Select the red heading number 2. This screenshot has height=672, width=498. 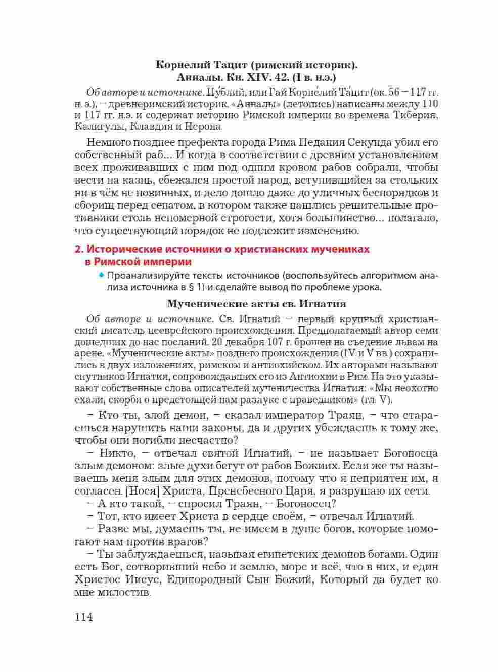coord(78,249)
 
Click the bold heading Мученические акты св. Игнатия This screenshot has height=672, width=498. coord(256,304)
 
